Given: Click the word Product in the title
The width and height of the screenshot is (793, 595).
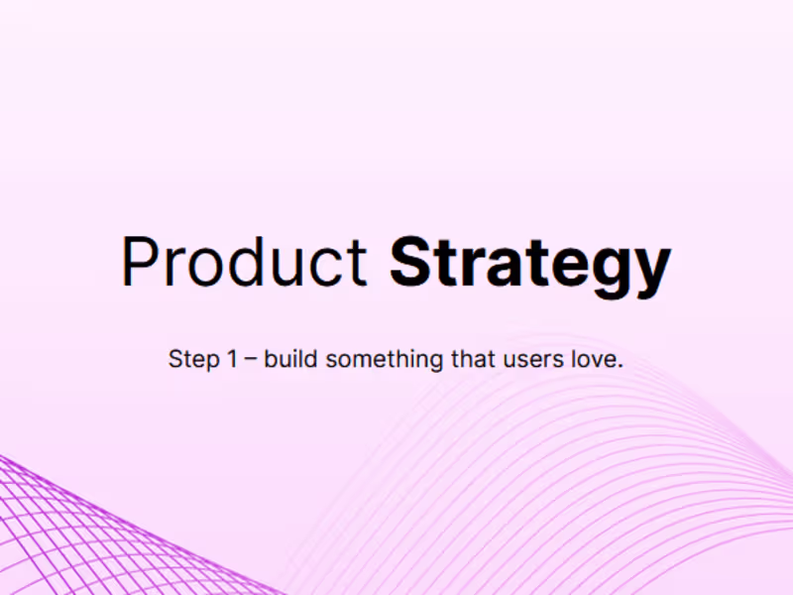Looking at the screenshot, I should point(244,264).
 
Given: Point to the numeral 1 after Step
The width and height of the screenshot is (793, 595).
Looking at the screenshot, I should point(231,359).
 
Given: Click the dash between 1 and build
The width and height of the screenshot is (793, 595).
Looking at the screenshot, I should point(251,360).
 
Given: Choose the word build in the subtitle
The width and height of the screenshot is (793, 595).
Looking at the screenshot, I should point(291,359).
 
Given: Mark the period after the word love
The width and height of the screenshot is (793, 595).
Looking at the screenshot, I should point(620,366).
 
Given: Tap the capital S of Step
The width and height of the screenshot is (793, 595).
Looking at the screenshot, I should point(176,359).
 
